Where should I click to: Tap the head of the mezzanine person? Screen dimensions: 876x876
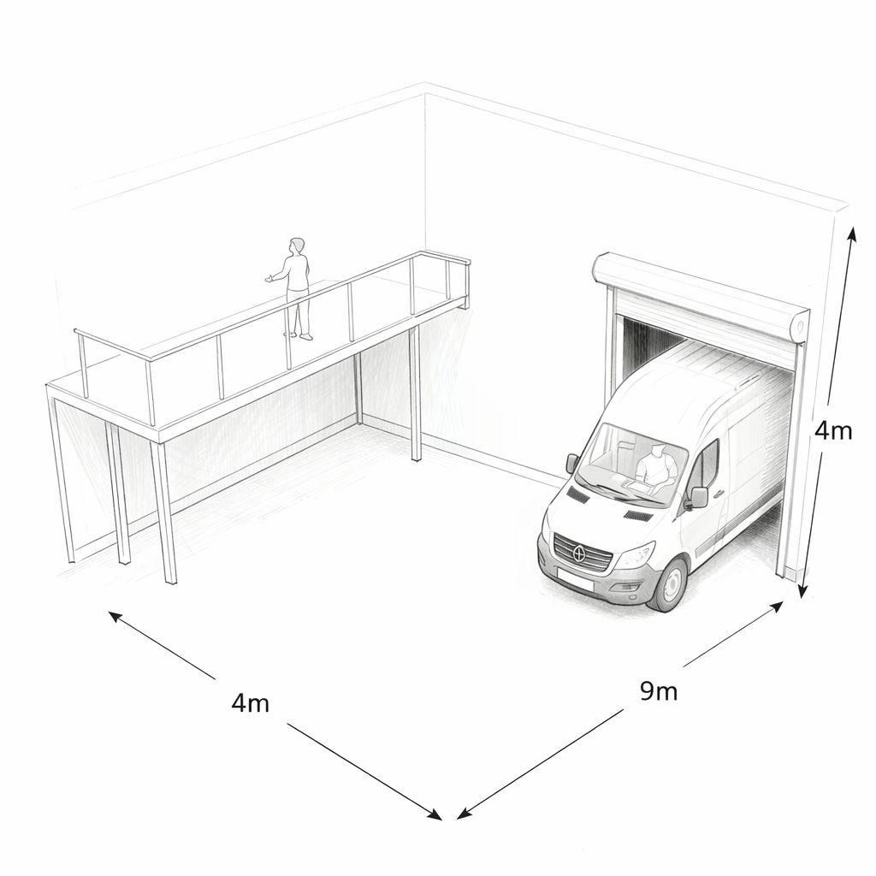(297, 246)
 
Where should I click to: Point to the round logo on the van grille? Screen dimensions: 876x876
(581, 554)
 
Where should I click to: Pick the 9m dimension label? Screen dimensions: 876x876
(659, 690)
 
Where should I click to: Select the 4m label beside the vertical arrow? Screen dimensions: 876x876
(833, 430)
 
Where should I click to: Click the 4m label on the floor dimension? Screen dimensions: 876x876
(251, 703)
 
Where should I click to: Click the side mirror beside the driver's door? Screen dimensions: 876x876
(699, 497)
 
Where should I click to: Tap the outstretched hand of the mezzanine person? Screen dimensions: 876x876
(269, 278)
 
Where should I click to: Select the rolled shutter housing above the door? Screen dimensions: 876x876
(697, 293)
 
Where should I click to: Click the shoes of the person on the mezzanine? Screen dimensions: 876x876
(299, 336)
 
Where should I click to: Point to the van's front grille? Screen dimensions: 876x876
(583, 553)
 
